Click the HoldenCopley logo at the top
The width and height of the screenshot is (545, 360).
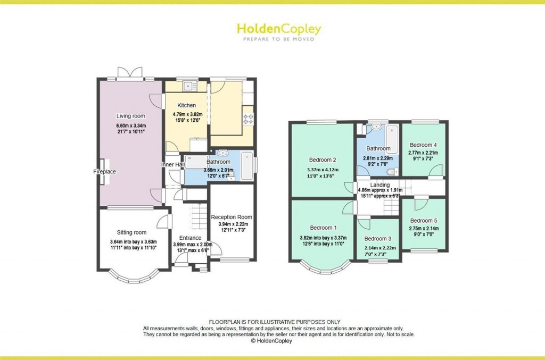click(279, 31)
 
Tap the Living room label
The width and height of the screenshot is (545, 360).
click(131, 116)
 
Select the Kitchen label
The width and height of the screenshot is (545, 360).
click(187, 105)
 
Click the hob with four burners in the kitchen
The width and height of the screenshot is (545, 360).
click(248, 119)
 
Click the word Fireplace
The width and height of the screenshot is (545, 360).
click(105, 172)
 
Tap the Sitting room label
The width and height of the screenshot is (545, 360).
click(131, 232)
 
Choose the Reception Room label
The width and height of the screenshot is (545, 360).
click(232, 217)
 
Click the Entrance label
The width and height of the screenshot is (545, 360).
click(190, 238)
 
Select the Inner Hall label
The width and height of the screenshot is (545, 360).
click(173, 164)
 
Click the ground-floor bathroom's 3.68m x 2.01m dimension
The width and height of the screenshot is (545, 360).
click(218, 170)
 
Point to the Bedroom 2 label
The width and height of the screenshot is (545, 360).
click(323, 160)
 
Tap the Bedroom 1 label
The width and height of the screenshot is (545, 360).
click(323, 228)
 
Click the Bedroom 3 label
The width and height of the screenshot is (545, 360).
click(378, 239)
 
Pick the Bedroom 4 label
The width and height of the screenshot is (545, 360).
click(423, 145)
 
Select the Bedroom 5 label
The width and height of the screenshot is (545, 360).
click(424, 221)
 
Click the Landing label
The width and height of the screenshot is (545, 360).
click(380, 185)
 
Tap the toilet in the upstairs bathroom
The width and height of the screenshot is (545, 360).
click(392, 172)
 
